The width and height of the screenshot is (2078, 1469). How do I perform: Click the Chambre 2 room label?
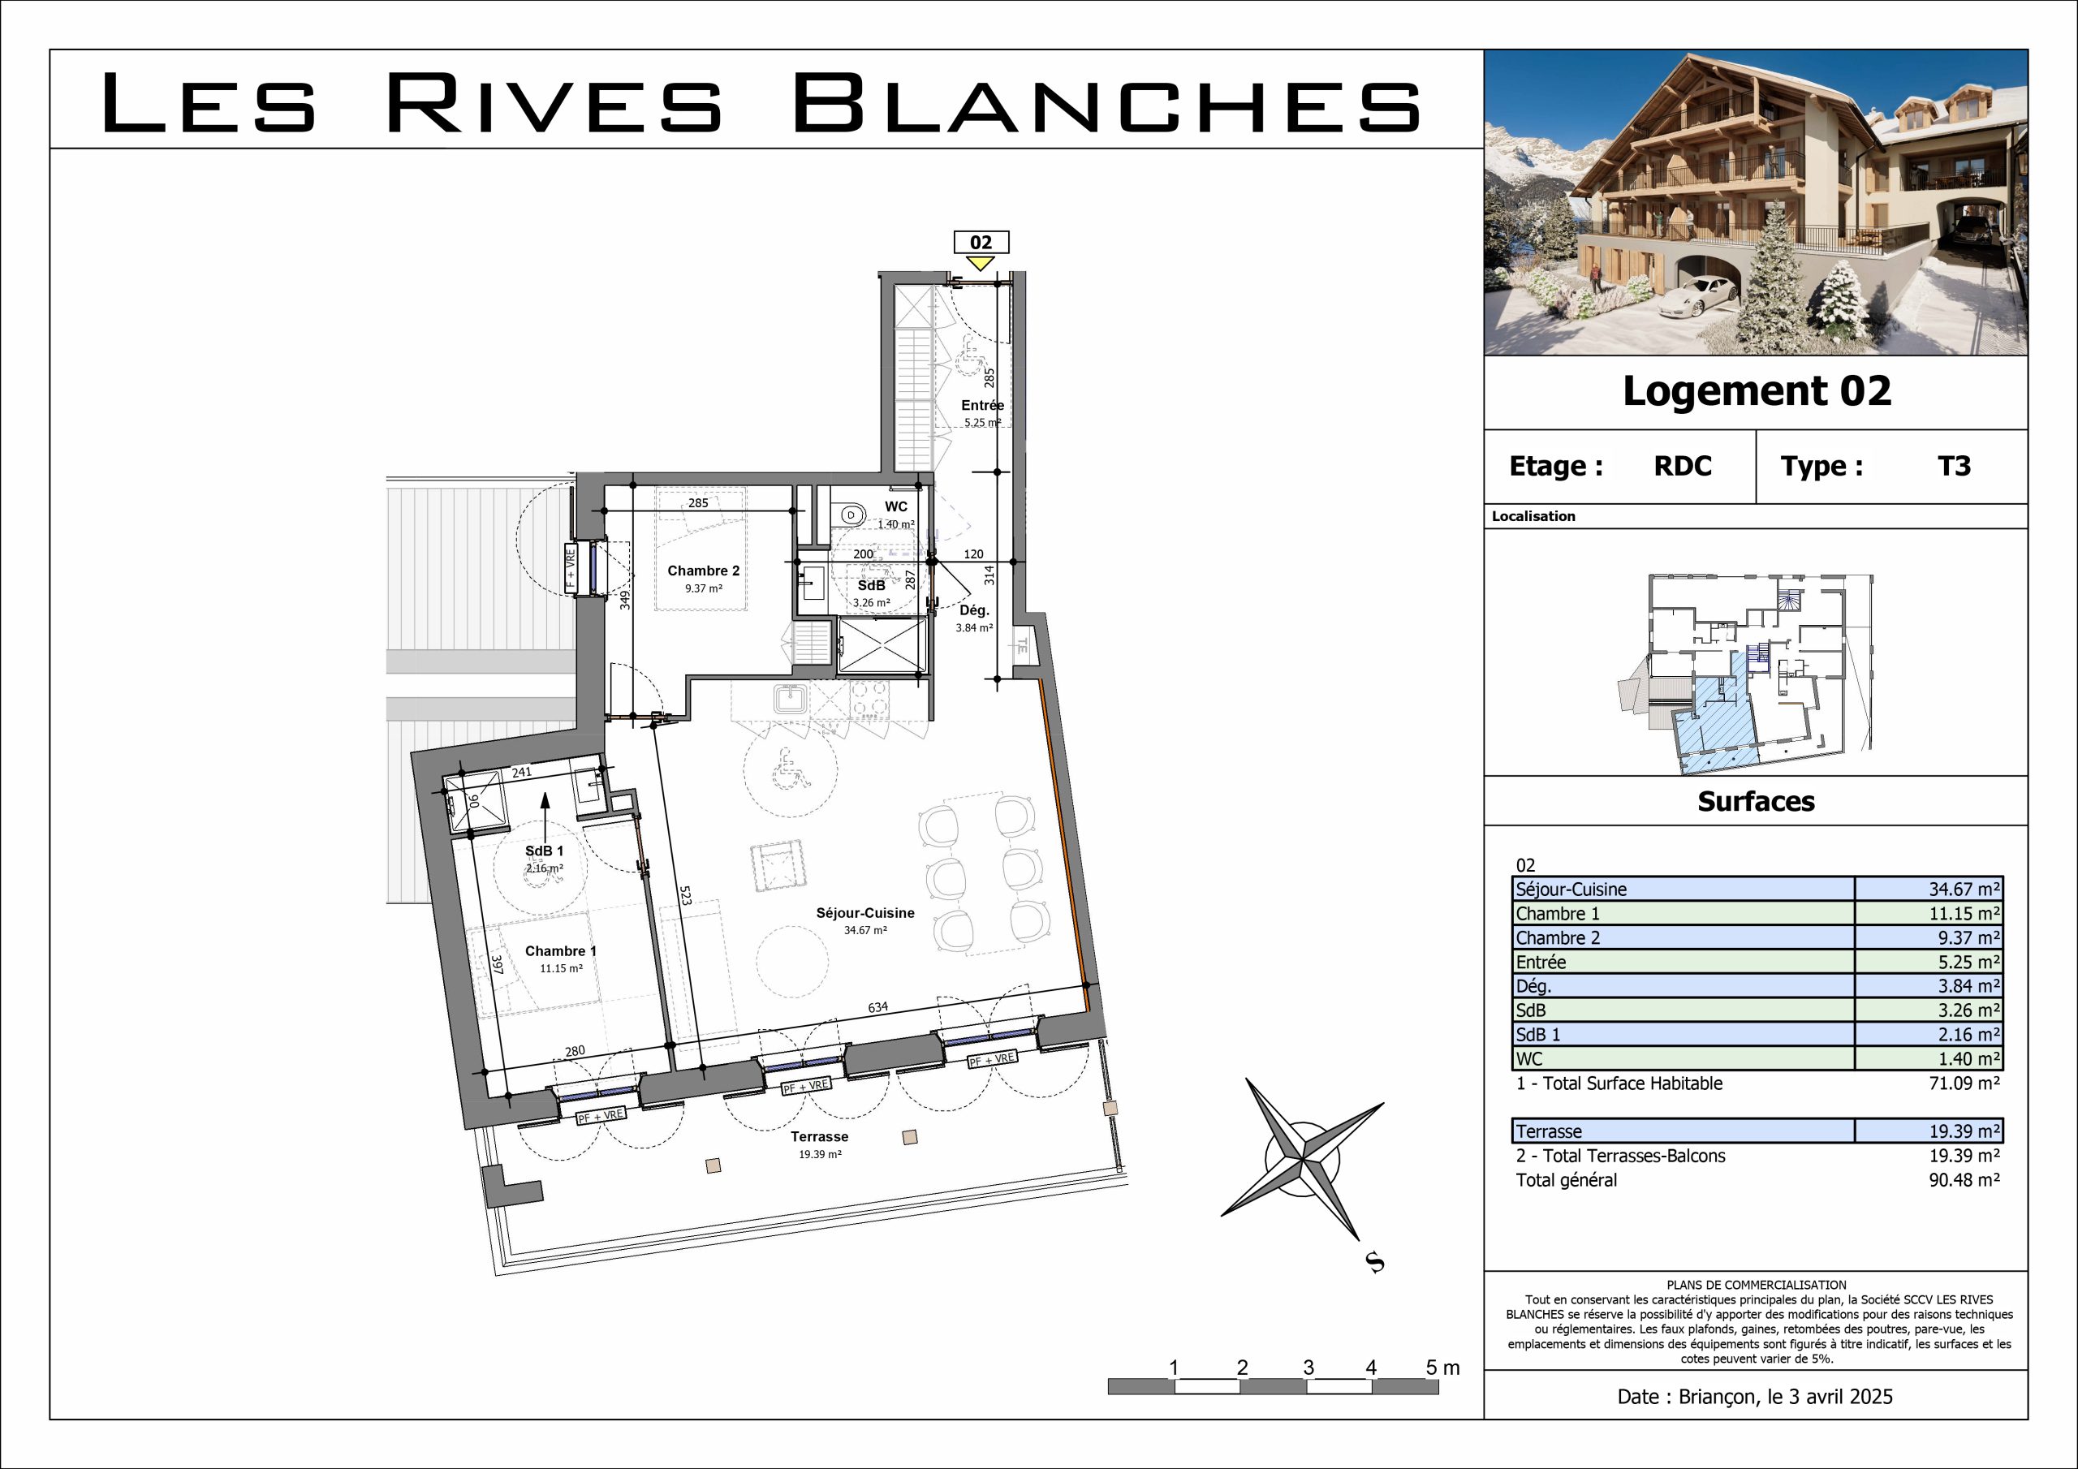click(703, 571)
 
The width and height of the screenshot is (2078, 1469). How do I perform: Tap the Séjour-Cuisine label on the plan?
click(865, 913)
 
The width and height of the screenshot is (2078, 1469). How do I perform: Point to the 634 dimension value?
click(878, 1007)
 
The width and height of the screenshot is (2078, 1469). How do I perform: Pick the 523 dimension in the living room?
click(685, 896)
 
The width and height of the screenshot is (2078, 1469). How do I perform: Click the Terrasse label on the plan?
click(819, 1137)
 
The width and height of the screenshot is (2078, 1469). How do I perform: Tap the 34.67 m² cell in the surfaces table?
click(1964, 890)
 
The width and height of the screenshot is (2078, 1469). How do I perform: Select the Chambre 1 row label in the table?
click(1558, 914)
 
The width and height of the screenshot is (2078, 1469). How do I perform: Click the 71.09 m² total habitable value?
click(1964, 1083)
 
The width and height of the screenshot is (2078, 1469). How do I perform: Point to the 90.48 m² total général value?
click(1964, 1180)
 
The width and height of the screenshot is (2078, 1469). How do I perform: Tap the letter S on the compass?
click(1376, 1263)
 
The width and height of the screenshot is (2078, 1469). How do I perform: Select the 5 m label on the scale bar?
click(1442, 1368)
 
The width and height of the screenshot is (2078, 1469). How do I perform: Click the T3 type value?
click(1954, 466)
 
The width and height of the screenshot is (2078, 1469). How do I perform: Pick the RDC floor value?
click(1683, 466)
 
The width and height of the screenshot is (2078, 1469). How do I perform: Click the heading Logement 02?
click(1757, 391)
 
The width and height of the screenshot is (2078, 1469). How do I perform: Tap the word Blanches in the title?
click(1107, 103)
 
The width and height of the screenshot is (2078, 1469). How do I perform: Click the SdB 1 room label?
click(544, 851)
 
